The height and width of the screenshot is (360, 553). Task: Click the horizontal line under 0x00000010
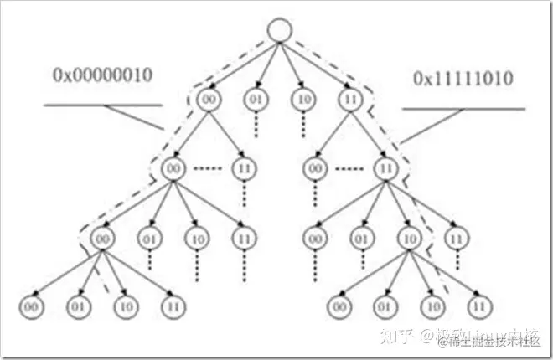[x=101, y=105]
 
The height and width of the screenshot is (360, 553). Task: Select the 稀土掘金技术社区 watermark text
[x=486, y=340]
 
